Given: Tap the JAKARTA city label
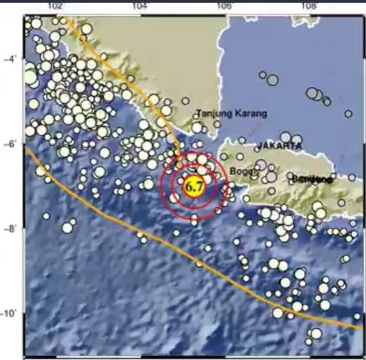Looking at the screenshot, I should coord(279,146).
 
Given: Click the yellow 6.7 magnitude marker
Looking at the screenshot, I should coord(195,185).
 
